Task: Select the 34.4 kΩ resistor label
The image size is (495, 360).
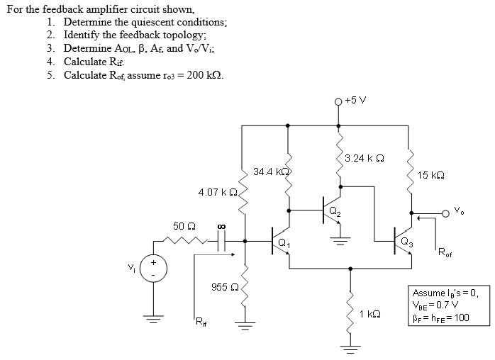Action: (x=269, y=171)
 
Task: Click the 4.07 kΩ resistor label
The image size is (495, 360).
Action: (x=217, y=192)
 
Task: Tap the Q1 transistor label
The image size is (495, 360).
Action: (x=284, y=244)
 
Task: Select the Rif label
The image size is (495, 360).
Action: (x=199, y=325)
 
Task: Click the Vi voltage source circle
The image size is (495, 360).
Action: (x=152, y=270)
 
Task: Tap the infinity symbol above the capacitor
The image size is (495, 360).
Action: (x=221, y=227)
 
